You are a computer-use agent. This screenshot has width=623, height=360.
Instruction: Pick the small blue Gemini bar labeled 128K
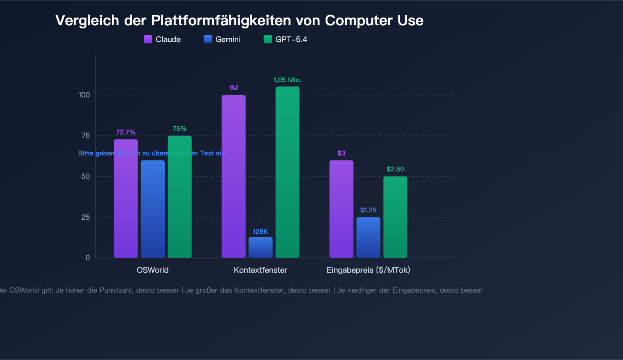pos(260,247)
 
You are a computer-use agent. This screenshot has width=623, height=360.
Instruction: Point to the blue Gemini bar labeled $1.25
pos(368,237)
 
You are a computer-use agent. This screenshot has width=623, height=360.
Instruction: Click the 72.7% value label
pos(125,132)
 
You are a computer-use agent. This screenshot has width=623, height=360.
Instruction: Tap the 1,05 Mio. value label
pos(287,80)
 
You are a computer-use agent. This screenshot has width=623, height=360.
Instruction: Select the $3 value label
pos(341,153)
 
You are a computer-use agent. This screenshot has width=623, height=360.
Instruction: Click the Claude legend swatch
pos(148,39)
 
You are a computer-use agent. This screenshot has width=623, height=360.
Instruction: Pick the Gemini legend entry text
pos(228,39)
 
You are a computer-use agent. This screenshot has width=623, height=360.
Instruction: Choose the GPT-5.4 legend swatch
pos(268,39)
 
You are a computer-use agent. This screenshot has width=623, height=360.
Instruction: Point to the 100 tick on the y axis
pos(84,95)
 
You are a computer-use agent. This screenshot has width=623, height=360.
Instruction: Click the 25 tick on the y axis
pos(86,217)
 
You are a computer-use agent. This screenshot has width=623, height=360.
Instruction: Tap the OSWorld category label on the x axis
pos(153,270)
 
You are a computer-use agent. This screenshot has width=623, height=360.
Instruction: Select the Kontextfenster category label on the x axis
pos(260,270)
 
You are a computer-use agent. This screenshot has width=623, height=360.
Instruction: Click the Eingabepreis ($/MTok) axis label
pos(368,270)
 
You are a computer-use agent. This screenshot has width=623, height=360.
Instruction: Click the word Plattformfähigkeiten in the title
pos(221,21)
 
